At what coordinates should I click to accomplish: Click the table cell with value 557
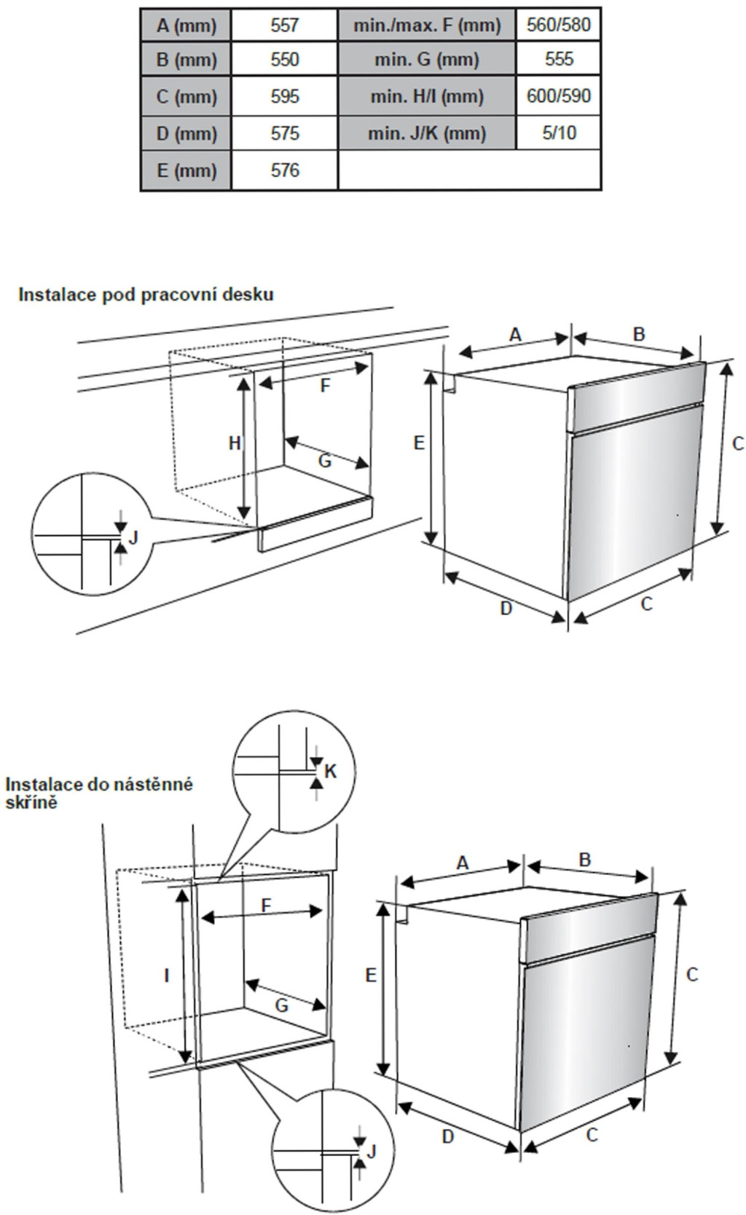point(284,25)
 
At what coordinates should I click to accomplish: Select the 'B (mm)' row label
point(186,59)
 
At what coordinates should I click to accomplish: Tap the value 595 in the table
point(284,96)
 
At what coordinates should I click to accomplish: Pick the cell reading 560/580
point(559,25)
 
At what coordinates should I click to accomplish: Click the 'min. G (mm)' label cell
point(427,59)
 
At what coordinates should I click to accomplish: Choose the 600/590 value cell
point(559,96)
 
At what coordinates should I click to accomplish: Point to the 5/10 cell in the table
point(559,133)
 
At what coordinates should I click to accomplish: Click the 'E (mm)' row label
point(186,170)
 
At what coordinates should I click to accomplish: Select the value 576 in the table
point(284,170)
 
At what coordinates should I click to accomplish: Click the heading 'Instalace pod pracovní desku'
point(146,294)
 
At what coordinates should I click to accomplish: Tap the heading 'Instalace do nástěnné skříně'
point(99,793)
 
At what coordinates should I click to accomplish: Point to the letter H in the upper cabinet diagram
point(235,443)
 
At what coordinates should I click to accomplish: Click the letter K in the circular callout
point(331,771)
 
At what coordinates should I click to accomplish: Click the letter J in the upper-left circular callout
point(133,537)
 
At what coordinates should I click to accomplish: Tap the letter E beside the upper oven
point(419,442)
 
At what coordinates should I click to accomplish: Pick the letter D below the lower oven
point(448,1136)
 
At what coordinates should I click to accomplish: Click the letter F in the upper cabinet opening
point(326,386)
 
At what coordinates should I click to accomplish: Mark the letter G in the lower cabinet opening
point(281,1006)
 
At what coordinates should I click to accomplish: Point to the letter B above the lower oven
point(585,860)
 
